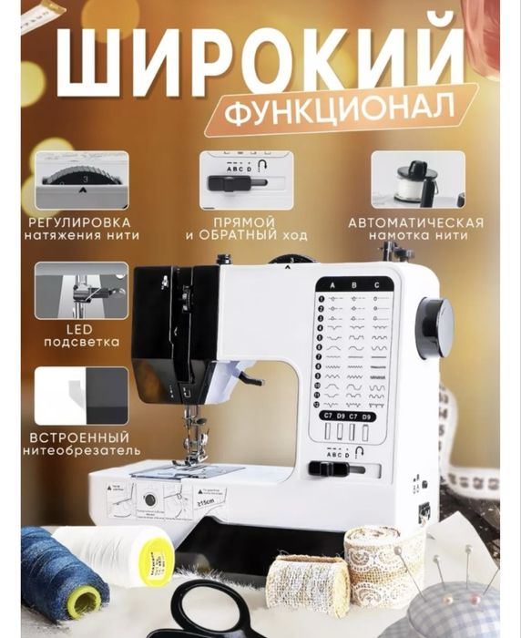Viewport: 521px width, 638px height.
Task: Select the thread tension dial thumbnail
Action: pos(82,180)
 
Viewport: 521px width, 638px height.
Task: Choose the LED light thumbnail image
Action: pos(82,290)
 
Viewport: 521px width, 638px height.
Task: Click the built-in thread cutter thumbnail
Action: pos(82,395)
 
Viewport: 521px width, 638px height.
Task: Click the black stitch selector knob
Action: pos(435,325)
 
